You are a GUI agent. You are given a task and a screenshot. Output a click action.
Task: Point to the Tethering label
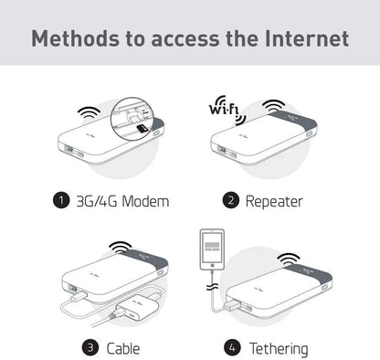pos(278,348)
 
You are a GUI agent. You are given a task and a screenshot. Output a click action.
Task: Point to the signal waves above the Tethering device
pos(290,259)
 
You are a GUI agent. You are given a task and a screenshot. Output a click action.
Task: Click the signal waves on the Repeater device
pos(273,106)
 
